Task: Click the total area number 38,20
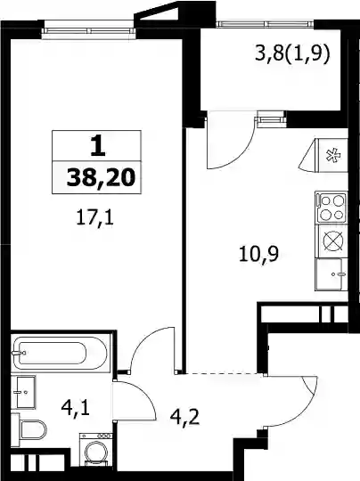101,178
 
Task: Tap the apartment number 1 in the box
98,147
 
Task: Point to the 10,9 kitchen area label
258,254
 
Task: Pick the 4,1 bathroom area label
75,408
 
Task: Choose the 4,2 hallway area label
184,417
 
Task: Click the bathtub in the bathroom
60,353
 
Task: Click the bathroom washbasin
23,392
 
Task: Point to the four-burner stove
331,208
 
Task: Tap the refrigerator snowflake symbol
333,155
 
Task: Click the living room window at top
88,30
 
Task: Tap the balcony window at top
266,24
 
